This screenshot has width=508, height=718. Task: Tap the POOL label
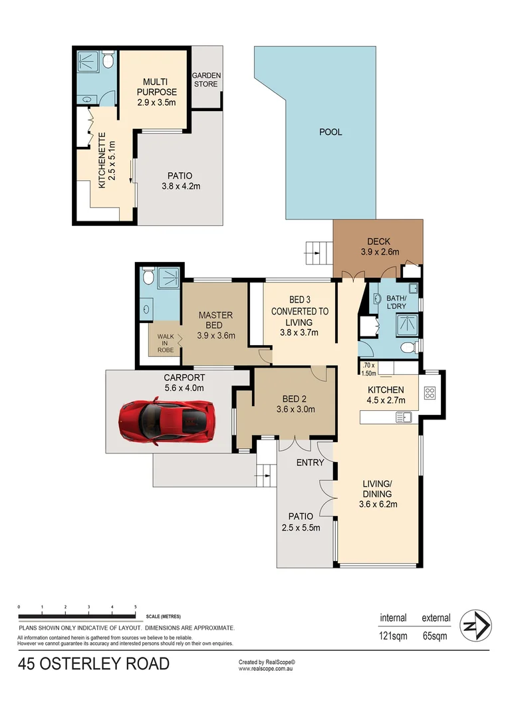pos(330,132)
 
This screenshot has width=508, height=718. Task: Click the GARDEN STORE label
pos(207,80)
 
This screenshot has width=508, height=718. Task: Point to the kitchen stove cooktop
pos(430,393)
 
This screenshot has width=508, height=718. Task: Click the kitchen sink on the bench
pos(404,417)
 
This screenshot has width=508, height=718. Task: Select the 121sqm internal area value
pos(393,635)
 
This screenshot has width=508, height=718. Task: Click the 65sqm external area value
pos(436,635)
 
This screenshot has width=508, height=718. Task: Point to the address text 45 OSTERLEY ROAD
pos(94,663)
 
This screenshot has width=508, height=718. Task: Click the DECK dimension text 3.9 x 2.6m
pos(379,252)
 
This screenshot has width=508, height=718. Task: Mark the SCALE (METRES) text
pos(162,616)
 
